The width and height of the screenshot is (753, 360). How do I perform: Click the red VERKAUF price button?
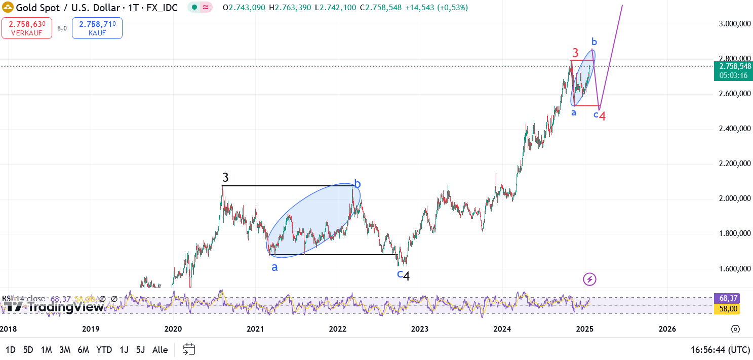coord(26,28)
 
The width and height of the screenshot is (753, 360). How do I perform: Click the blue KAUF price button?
coord(97,28)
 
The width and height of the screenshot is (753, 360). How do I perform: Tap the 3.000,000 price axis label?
coord(734,24)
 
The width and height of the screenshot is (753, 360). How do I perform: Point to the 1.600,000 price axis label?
coord(734,269)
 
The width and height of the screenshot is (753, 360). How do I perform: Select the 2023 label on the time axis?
coord(420,329)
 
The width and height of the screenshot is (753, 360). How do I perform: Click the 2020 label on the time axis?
coord(173,329)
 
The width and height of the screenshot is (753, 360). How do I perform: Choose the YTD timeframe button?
coord(104,349)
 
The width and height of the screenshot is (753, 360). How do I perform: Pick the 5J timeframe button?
coord(140,349)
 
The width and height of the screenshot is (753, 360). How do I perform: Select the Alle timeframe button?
coord(160,349)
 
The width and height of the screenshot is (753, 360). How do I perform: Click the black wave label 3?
coord(226,178)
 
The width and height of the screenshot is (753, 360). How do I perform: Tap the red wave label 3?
coord(575,53)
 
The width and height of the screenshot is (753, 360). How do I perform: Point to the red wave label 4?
coord(603,116)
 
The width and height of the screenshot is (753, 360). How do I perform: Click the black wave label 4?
coord(406,276)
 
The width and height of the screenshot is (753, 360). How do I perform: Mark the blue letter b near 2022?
coord(358,184)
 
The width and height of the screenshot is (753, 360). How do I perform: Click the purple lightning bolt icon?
coord(589,279)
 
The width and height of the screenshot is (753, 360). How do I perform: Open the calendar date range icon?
coord(189,349)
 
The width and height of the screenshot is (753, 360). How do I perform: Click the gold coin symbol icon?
coord(8,8)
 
